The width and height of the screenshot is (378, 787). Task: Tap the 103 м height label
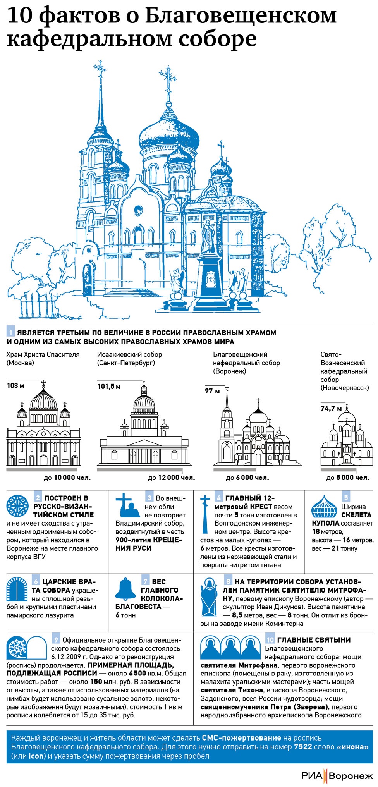click(x=15, y=386)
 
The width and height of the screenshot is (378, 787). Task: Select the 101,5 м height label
click(x=109, y=387)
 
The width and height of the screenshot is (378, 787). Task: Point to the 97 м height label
click(x=212, y=391)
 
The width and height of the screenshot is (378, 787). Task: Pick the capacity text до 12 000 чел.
click(x=172, y=478)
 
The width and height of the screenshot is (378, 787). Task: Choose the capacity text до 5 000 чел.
click(x=347, y=478)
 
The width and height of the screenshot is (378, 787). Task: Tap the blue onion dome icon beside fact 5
click(x=325, y=506)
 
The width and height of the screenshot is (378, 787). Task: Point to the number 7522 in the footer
click(x=303, y=746)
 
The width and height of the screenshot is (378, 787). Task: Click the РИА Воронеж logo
click(x=337, y=775)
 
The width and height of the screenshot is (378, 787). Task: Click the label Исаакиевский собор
click(x=129, y=354)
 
